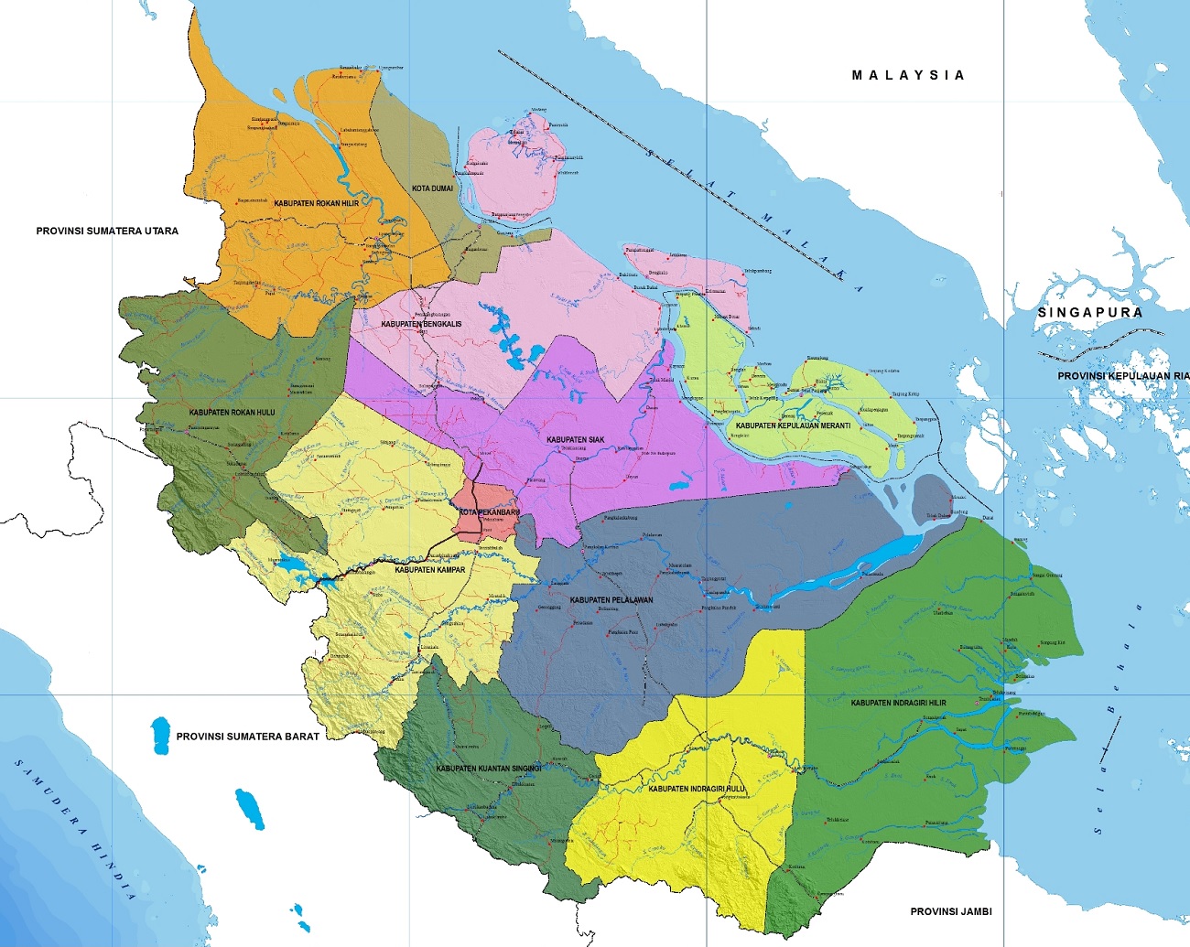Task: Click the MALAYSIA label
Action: [908, 75]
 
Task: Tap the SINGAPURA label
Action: [1089, 312]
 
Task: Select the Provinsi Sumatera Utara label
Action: [107, 231]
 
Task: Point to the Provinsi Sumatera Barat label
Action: [248, 736]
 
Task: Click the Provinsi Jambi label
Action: [951, 911]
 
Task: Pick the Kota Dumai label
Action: [432, 188]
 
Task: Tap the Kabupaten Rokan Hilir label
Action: [317, 203]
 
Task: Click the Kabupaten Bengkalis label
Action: [421, 324]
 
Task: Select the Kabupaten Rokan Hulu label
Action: [232, 413]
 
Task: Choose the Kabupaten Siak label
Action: [575, 440]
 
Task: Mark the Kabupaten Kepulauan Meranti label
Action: [793, 425]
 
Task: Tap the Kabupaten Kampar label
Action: [430, 570]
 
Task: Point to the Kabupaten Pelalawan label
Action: [611, 600]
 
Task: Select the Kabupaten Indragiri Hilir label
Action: [898, 703]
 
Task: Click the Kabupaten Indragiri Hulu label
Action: [697, 788]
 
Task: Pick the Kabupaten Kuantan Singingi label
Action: [489, 769]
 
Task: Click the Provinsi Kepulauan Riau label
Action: [1122, 376]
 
